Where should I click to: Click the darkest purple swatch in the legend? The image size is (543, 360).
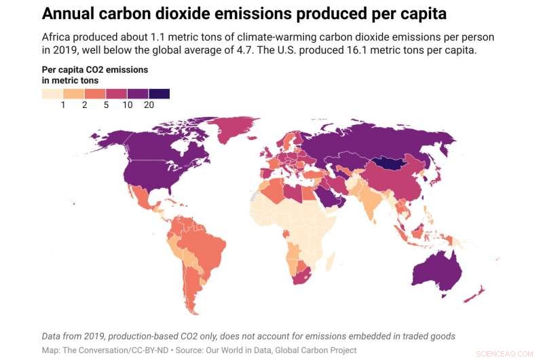[x=159, y=94]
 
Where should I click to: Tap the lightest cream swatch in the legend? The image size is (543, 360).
[x=52, y=94]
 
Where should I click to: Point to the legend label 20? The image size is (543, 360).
[x=149, y=105]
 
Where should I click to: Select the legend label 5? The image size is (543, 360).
[x=106, y=105]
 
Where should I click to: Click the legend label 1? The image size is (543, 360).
[x=63, y=105]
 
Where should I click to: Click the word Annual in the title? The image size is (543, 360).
[x=70, y=14]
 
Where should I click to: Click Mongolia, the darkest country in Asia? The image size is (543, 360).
[x=392, y=164]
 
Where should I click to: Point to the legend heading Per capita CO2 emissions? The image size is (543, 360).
[x=95, y=70]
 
